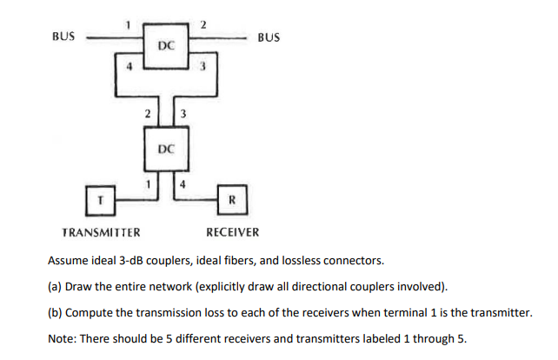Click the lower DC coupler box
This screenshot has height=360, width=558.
click(168, 150)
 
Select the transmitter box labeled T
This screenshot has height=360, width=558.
click(101, 199)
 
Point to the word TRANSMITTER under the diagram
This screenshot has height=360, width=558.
click(102, 233)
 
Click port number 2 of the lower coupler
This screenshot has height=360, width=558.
click(149, 113)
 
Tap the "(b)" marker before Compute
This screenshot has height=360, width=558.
click(56, 311)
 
